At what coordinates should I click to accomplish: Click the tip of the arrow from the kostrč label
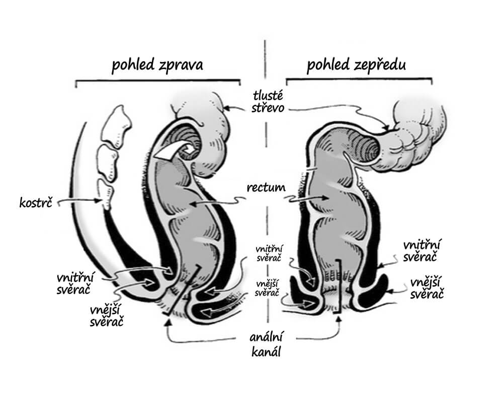click(x=102, y=201)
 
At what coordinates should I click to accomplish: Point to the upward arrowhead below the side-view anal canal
click(x=166, y=321)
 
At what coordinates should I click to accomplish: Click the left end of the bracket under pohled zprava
click(x=76, y=87)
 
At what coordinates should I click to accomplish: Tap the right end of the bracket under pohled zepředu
click(x=432, y=84)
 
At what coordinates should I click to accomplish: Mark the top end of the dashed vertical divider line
click(x=265, y=40)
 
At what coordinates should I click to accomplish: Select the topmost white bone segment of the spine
click(x=117, y=124)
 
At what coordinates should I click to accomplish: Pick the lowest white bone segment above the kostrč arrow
click(x=106, y=194)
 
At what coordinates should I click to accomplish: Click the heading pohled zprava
click(x=157, y=65)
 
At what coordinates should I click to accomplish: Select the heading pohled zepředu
click(x=356, y=65)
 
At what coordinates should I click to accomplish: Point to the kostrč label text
click(x=36, y=203)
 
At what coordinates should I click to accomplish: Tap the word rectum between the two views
click(x=266, y=187)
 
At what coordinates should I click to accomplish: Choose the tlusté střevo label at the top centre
click(x=268, y=102)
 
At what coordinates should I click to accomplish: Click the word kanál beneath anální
click(x=266, y=352)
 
